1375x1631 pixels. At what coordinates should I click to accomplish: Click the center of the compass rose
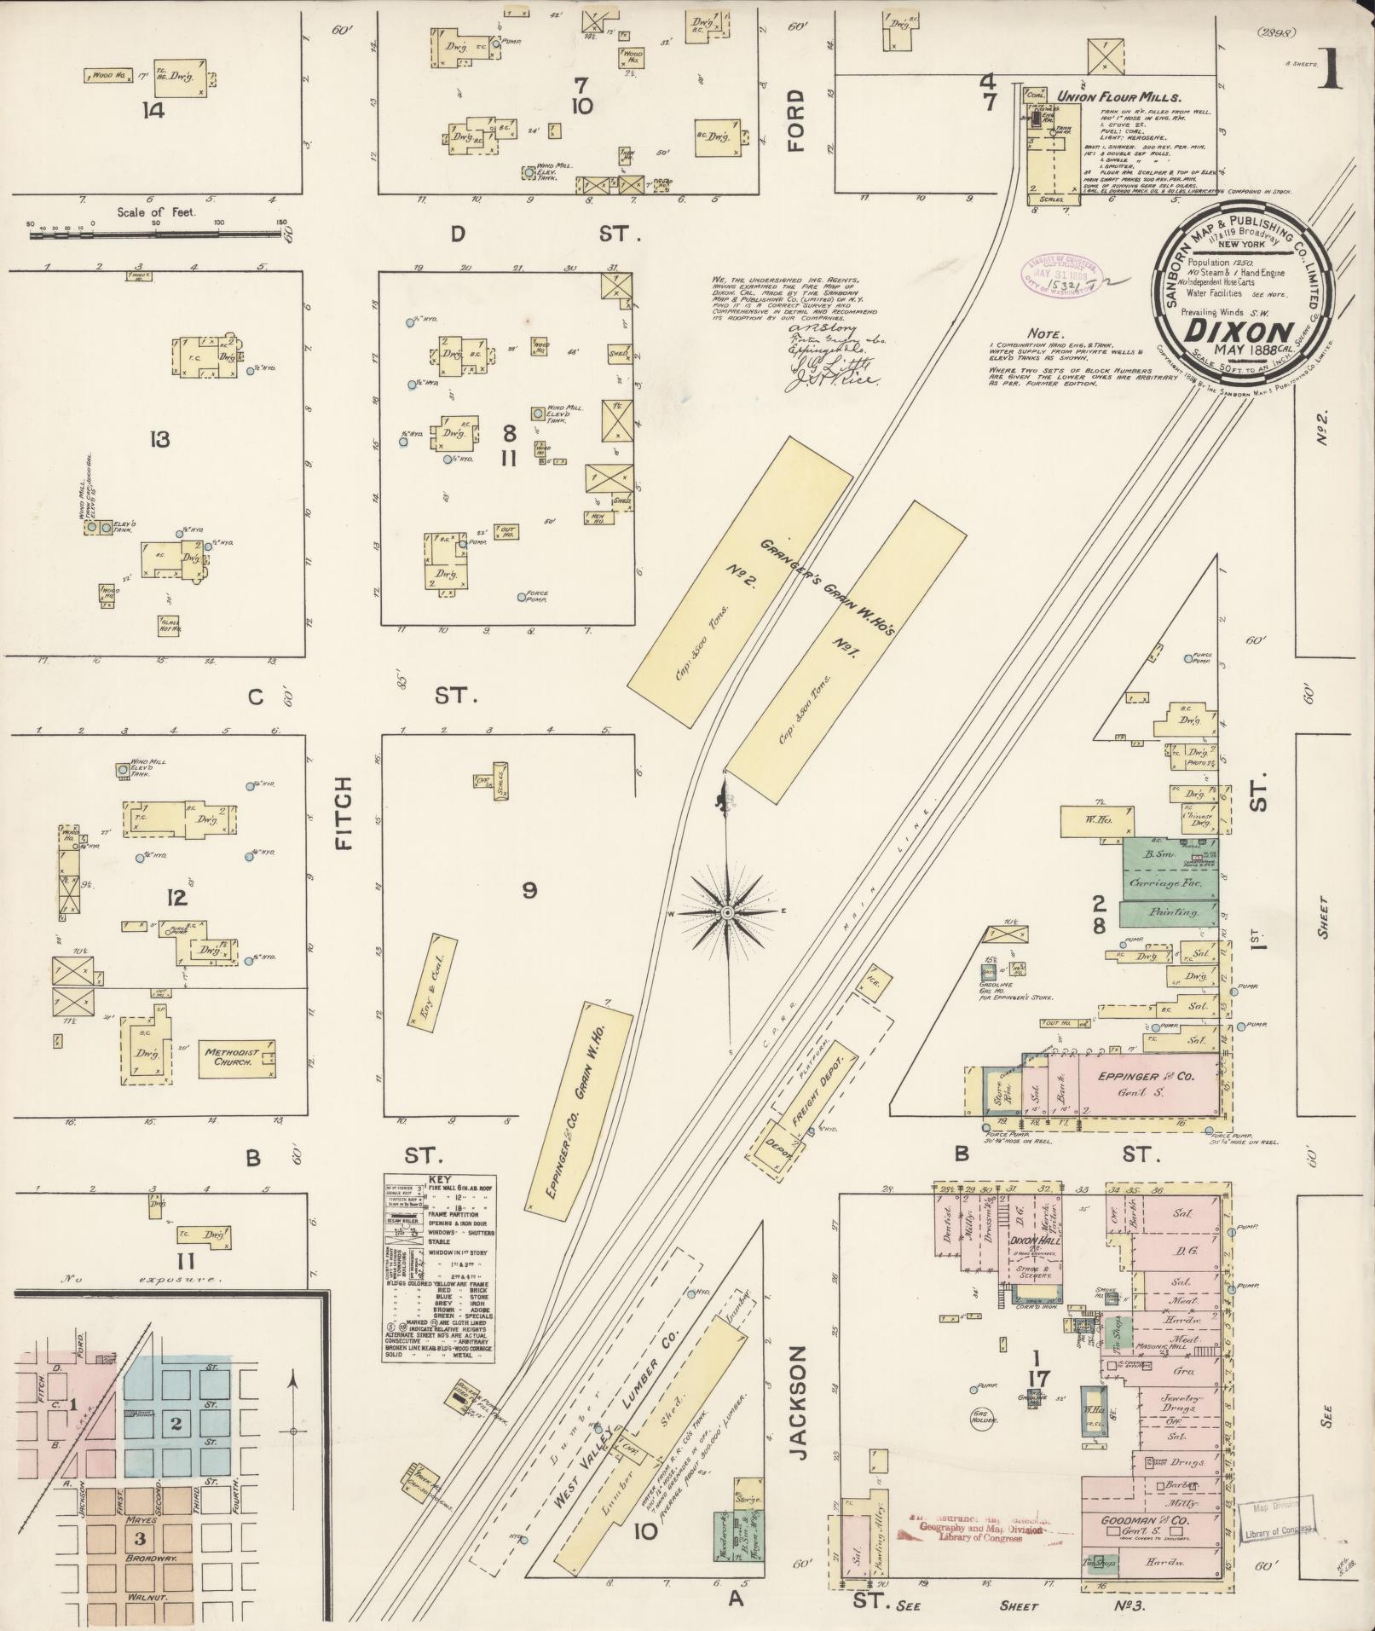pos(726,913)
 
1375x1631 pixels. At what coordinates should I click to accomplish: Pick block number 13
pos(159,440)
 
